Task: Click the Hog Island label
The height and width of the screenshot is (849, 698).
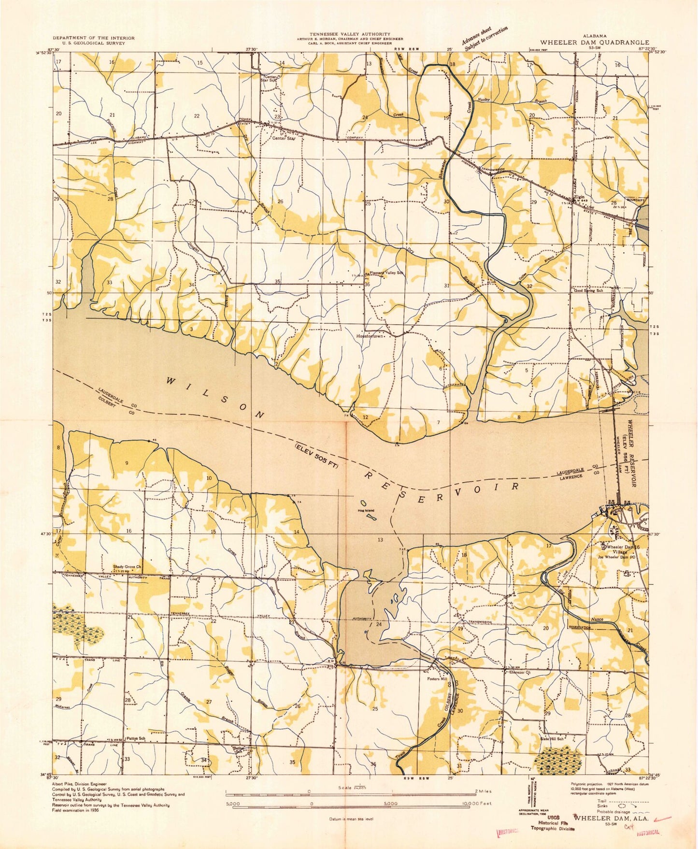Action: (366, 510)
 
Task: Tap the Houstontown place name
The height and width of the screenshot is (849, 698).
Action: (370, 336)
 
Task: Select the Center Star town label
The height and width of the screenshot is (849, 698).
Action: (283, 139)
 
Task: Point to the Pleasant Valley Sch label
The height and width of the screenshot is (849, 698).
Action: (386, 273)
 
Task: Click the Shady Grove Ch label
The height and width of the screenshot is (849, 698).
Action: (127, 567)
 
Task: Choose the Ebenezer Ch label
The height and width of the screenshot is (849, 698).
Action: (519, 672)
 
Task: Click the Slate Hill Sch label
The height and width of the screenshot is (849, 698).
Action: (553, 739)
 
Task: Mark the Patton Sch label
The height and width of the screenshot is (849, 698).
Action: (136, 738)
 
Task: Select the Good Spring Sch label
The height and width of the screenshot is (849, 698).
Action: (588, 291)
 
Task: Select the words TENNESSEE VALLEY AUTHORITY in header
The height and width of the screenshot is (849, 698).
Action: (350, 34)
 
